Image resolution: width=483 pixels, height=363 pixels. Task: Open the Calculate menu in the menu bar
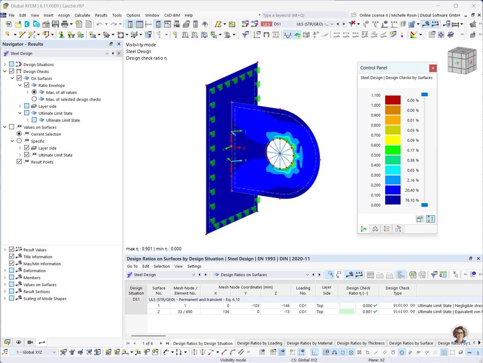(x=82, y=15)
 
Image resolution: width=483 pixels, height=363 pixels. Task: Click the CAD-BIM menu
(x=172, y=15)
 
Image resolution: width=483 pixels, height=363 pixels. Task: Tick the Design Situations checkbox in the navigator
(x=12, y=64)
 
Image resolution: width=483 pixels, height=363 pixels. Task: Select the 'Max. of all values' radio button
(x=34, y=92)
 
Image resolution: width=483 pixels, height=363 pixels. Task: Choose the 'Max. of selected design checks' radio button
(x=34, y=99)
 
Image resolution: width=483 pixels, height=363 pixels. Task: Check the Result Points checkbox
(x=19, y=162)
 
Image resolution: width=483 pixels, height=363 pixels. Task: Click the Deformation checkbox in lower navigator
(x=12, y=271)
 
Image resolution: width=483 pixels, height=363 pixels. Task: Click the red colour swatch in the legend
(x=392, y=100)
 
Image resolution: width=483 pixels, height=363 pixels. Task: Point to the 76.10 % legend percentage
(x=412, y=200)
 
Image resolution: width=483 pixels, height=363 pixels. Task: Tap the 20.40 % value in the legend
(x=412, y=190)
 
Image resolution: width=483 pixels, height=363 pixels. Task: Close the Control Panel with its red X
(x=433, y=68)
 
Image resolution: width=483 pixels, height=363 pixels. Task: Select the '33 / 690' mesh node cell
(x=185, y=311)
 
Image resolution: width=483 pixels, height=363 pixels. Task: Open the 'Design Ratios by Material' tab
(x=309, y=343)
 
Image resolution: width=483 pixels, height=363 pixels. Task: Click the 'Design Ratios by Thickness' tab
(x=361, y=343)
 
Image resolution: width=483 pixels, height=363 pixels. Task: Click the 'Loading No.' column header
(x=303, y=290)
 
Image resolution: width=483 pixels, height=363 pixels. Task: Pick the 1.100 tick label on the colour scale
(x=375, y=95)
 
